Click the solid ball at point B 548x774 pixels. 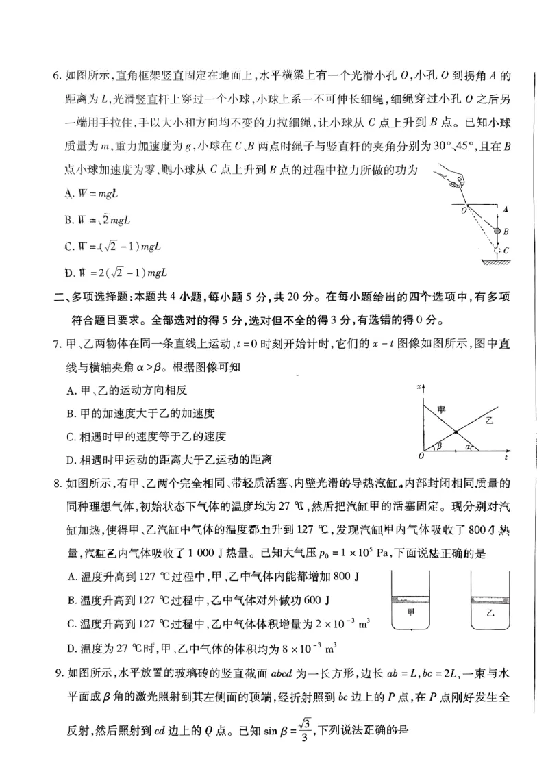[497, 232]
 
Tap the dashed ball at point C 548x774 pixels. [497, 251]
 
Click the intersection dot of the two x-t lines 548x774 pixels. [456, 432]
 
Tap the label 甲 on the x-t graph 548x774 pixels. [442, 409]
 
